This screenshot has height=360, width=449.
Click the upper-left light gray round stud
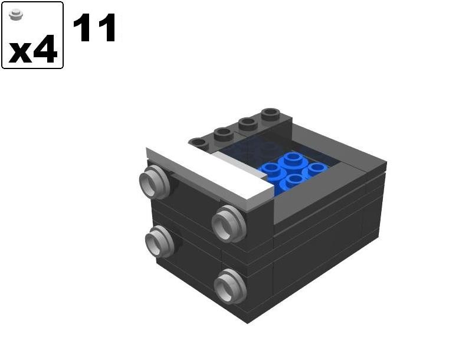tap(154, 182)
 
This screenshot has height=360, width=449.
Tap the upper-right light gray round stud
tap(228, 224)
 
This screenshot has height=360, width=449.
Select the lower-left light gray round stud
tap(159, 241)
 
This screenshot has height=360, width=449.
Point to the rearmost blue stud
tap(293, 159)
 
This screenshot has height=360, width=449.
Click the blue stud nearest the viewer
tap(294, 181)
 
